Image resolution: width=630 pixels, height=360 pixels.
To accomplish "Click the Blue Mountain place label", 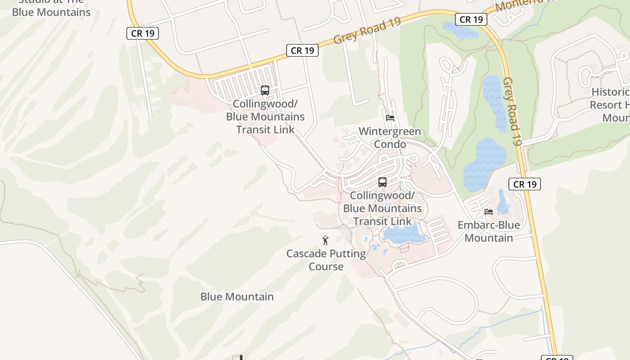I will (x=237, y=297).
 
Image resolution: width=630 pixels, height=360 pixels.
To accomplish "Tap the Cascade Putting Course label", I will (x=326, y=260).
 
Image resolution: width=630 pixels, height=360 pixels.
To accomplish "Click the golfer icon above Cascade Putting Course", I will (x=325, y=240).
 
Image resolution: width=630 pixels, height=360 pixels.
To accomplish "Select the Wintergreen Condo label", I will (x=390, y=138).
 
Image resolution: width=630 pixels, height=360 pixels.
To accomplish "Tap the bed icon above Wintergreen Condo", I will (x=390, y=118).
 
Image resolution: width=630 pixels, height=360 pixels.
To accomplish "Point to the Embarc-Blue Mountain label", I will (x=489, y=231).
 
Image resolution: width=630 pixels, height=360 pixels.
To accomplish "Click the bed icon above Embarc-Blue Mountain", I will (x=489, y=211).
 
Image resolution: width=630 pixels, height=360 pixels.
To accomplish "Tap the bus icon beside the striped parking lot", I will (x=265, y=90).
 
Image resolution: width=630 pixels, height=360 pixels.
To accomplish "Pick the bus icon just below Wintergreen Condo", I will (x=382, y=182).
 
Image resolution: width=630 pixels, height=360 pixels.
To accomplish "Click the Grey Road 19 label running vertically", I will (x=512, y=111).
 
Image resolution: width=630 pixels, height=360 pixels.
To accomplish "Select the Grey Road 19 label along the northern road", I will (x=367, y=31).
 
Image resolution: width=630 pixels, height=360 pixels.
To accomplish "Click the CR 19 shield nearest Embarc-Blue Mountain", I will (x=525, y=184).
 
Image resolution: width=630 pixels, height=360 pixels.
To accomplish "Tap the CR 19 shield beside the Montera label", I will (x=472, y=19).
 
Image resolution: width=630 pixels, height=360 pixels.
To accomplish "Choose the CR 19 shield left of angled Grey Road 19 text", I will (x=302, y=50).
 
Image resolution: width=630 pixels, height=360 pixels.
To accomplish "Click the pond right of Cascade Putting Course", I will (x=404, y=234).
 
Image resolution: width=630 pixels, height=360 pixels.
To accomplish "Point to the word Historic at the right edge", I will (x=610, y=92).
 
